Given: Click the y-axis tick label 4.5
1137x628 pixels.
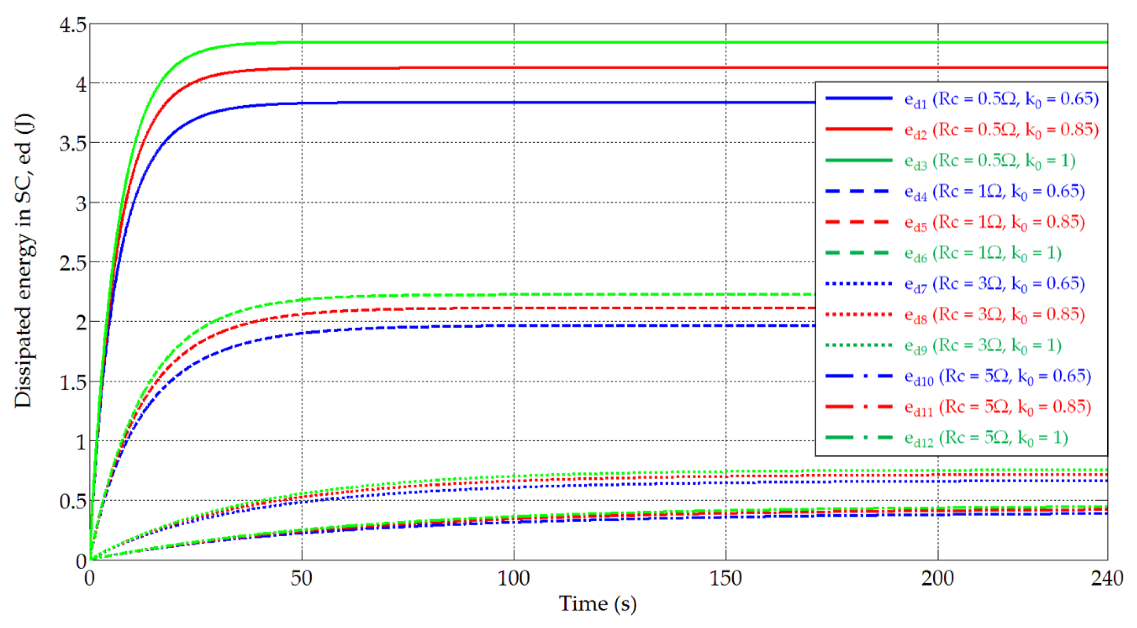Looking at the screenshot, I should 73,25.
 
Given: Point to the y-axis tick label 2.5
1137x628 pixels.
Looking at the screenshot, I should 73,264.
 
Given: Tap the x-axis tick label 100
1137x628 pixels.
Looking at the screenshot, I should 514,578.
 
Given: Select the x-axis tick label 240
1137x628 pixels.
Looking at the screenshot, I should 1107,578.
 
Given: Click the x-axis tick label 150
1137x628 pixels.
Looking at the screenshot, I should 726,578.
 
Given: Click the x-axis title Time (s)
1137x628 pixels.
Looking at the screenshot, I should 598,604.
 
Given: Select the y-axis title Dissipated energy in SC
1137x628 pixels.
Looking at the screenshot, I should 24,260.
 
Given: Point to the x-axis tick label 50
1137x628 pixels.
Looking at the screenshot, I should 301,578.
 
